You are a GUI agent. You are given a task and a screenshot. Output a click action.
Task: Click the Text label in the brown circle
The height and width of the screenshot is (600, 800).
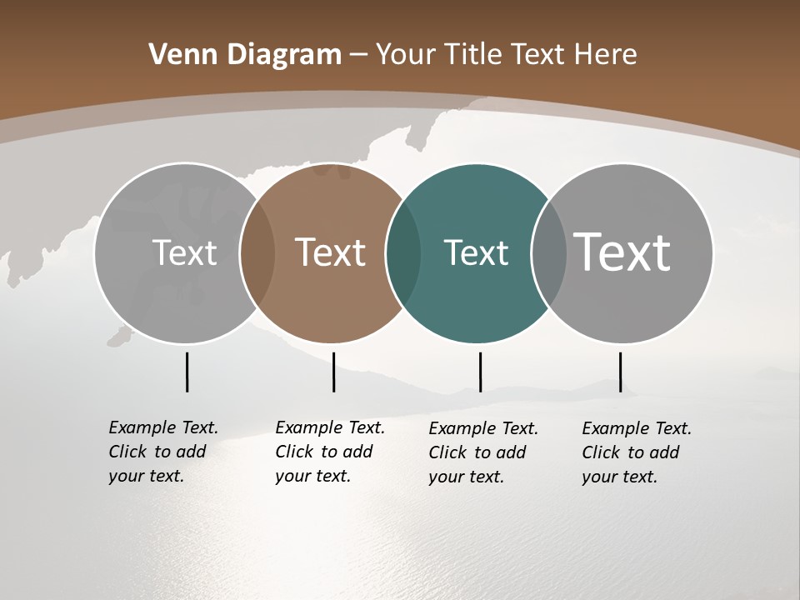pos(331,252)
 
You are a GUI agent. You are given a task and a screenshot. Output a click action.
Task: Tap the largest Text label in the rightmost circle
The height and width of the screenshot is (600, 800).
pos(622,252)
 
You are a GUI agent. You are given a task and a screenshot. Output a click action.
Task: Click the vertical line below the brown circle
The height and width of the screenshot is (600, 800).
pos(333,372)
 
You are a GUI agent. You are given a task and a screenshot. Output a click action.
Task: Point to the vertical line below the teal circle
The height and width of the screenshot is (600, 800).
pos(480,372)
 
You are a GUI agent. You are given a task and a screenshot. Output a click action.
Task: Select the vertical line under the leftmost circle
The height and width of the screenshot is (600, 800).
pos(187,372)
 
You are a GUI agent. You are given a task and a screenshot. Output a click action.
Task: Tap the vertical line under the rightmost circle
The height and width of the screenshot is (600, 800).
pos(620,372)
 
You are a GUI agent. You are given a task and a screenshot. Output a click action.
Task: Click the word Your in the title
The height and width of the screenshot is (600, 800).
pos(405,55)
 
